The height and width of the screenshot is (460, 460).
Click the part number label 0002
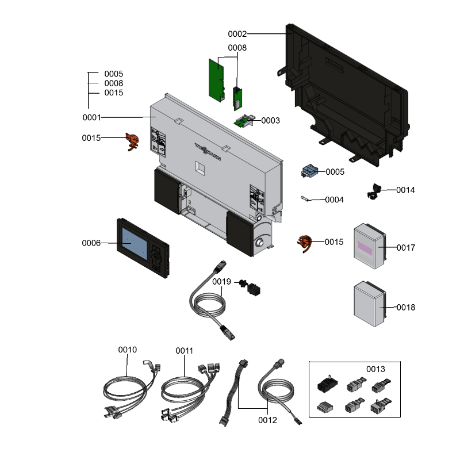point(237,34)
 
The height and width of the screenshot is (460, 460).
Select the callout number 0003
point(270,121)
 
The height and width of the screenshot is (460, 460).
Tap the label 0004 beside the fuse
point(334,200)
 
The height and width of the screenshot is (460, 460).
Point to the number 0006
point(91,243)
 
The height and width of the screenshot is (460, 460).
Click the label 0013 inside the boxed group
point(376,369)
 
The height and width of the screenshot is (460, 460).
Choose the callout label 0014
point(405,190)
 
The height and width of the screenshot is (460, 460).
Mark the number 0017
point(405,248)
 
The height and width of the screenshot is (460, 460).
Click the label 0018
point(405,308)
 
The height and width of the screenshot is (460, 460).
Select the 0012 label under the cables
point(267,420)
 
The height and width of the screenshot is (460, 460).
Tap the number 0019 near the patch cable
point(221,282)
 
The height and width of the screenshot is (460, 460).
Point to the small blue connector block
point(310,171)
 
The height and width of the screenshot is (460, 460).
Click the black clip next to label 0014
point(374,191)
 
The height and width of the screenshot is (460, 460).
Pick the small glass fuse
point(306,200)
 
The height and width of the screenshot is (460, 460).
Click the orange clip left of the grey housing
point(133,141)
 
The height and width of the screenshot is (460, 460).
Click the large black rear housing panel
point(345,92)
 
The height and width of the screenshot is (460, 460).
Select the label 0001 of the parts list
point(91,118)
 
